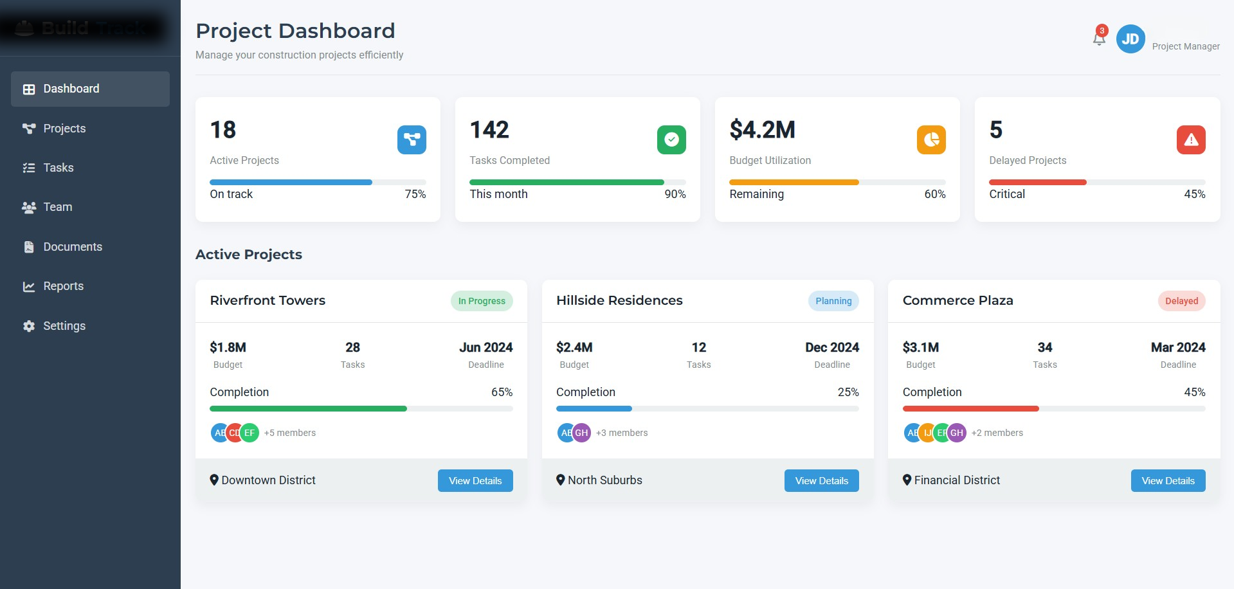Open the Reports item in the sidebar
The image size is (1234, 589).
click(x=63, y=286)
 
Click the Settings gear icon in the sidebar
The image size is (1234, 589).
click(x=29, y=326)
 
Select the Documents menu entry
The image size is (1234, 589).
click(x=72, y=247)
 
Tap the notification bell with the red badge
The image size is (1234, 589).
click(x=1099, y=39)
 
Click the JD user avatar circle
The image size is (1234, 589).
click(x=1130, y=39)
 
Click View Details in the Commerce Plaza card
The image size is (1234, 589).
click(x=1167, y=480)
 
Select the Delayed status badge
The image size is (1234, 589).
click(x=1181, y=301)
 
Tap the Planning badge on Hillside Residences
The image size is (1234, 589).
click(x=833, y=301)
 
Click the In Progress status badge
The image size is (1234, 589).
click(x=481, y=301)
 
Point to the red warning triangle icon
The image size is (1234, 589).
click(x=1190, y=140)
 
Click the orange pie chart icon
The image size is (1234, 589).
click(x=930, y=140)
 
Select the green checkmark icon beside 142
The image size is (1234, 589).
click(x=671, y=140)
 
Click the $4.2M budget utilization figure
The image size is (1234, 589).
click(x=762, y=130)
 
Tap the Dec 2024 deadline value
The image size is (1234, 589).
click(x=831, y=347)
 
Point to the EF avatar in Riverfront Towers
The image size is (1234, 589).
click(x=250, y=433)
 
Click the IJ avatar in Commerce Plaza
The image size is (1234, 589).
click(x=927, y=433)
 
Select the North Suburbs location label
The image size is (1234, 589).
click(x=604, y=480)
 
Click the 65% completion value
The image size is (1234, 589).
click(x=502, y=392)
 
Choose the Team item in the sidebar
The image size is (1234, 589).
click(x=57, y=207)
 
